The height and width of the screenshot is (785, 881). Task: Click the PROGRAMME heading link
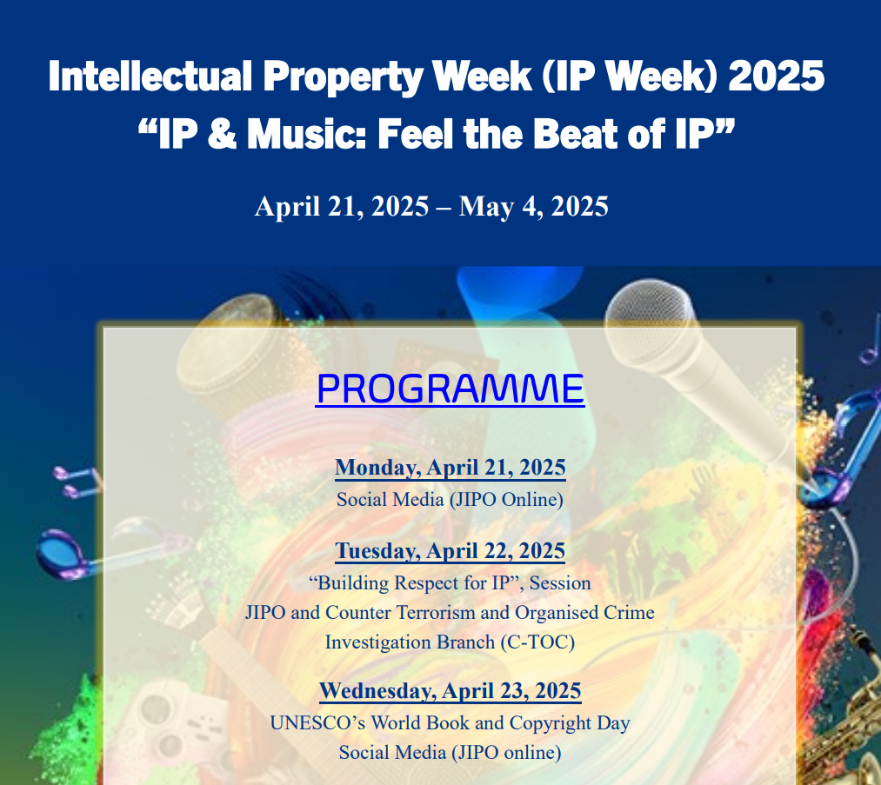coord(450,388)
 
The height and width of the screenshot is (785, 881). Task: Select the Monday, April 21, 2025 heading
coord(450,468)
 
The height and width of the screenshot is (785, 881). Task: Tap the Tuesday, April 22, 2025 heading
coord(450,551)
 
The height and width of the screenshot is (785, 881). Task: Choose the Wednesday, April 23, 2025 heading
coord(450,691)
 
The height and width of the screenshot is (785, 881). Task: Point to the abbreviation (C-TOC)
coord(537,642)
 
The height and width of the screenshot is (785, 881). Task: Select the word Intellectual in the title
coord(150,76)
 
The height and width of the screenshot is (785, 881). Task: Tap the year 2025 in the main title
coord(777,76)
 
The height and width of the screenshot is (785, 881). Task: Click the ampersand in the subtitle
coord(222,134)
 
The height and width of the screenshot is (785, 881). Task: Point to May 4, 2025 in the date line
coord(534,207)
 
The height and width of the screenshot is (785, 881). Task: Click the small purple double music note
coord(77,482)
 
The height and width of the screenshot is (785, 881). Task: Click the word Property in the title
coord(342,77)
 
